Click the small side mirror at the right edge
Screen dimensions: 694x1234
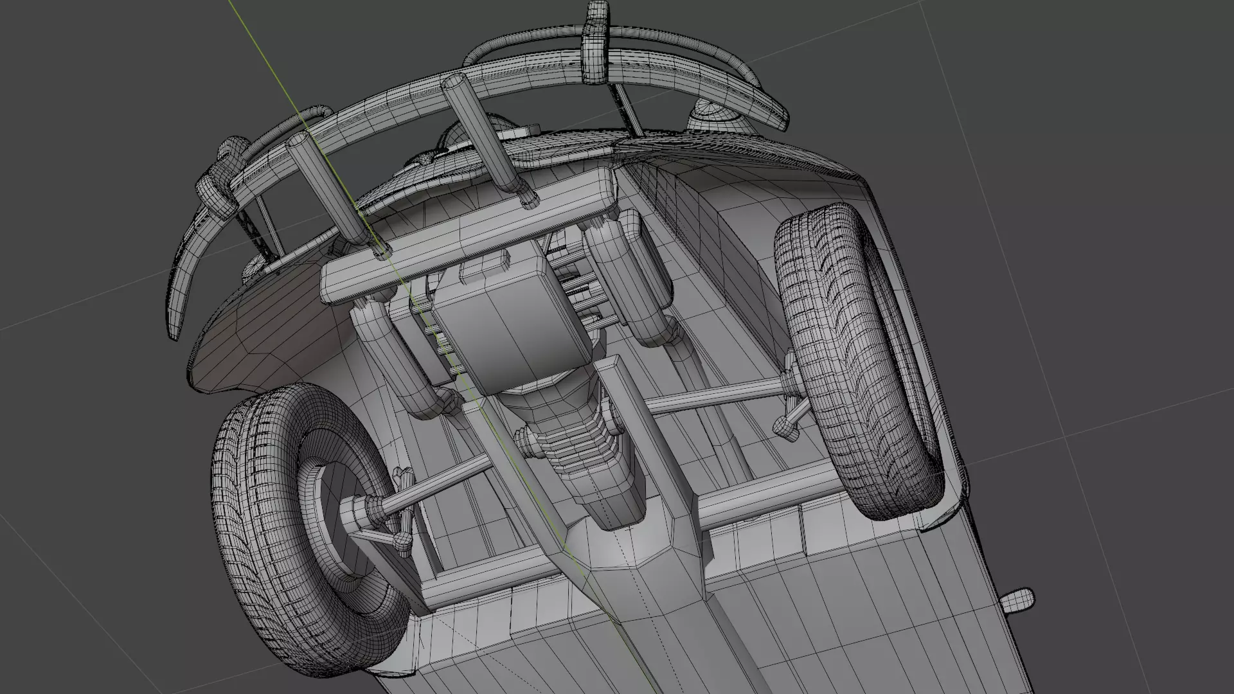pyautogui.click(x=1017, y=600)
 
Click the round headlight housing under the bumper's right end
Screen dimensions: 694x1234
pyautogui.click(x=713, y=119)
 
